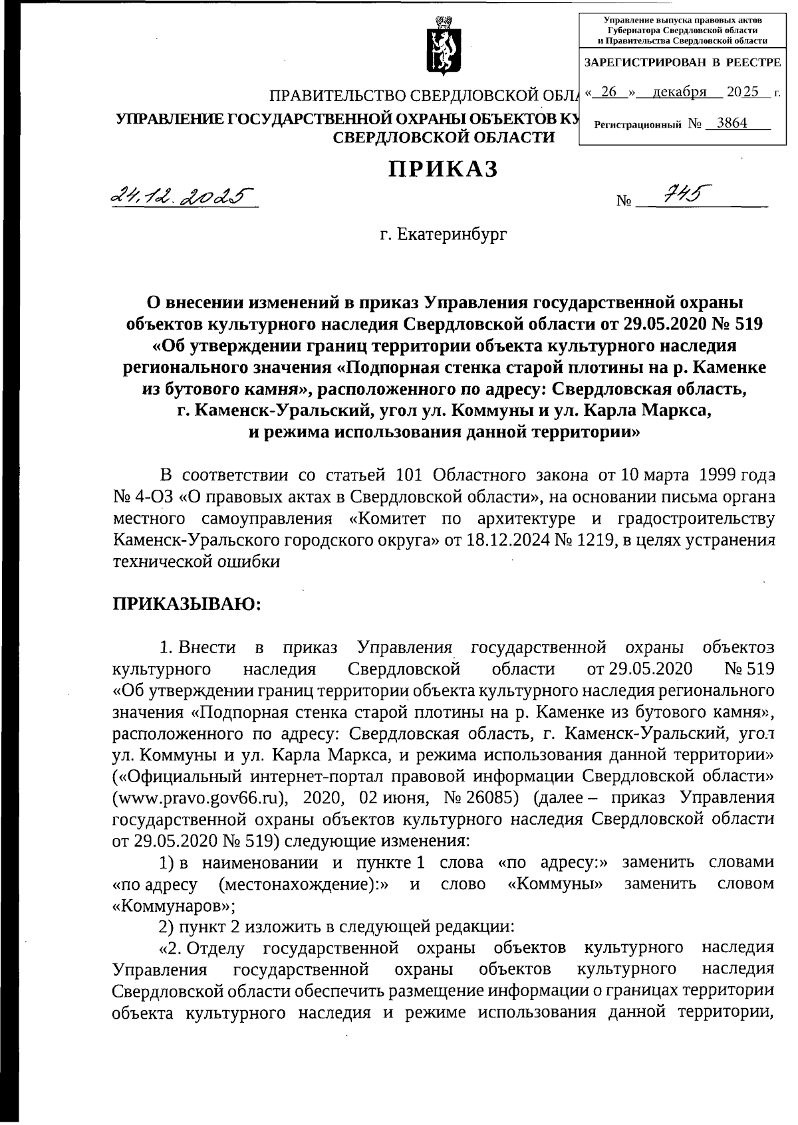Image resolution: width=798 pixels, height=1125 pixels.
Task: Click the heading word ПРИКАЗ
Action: pos(444,169)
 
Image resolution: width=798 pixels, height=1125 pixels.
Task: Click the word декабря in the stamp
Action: pos(679,92)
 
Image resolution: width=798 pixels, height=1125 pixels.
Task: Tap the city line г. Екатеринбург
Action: pos(444,235)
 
